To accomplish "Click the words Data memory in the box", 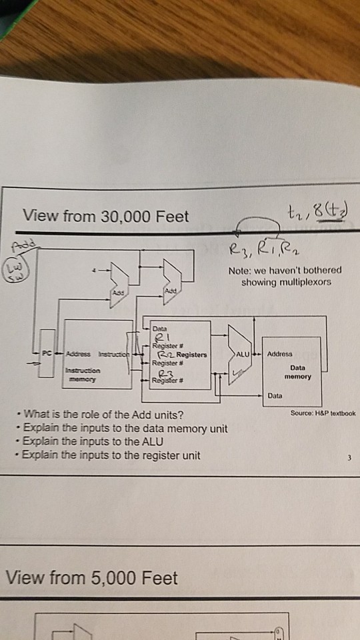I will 297,371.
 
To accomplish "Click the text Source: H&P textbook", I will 323,413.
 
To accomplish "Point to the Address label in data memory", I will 281,354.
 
